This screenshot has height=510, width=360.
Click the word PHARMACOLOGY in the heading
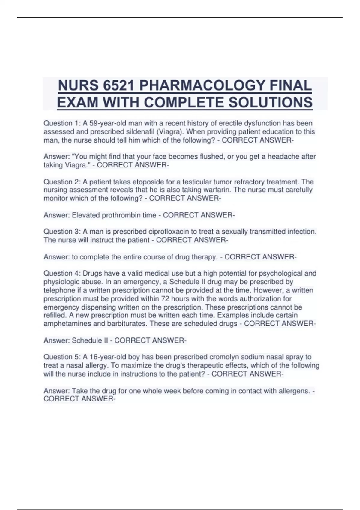click(202, 86)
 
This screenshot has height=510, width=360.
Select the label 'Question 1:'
click(62, 123)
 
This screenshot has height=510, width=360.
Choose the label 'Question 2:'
click(62, 182)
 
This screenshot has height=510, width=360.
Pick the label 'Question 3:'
click(62, 232)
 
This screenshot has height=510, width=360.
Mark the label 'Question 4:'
click(62, 273)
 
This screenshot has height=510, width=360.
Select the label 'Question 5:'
click(62, 357)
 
